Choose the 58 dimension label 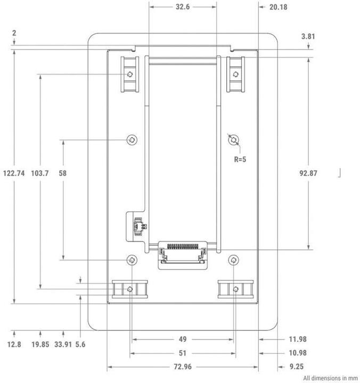(63, 173)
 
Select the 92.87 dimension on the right (309, 173)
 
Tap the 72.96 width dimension (182, 367)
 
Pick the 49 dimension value (182, 339)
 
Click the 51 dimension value (182, 353)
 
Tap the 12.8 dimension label (14, 344)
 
